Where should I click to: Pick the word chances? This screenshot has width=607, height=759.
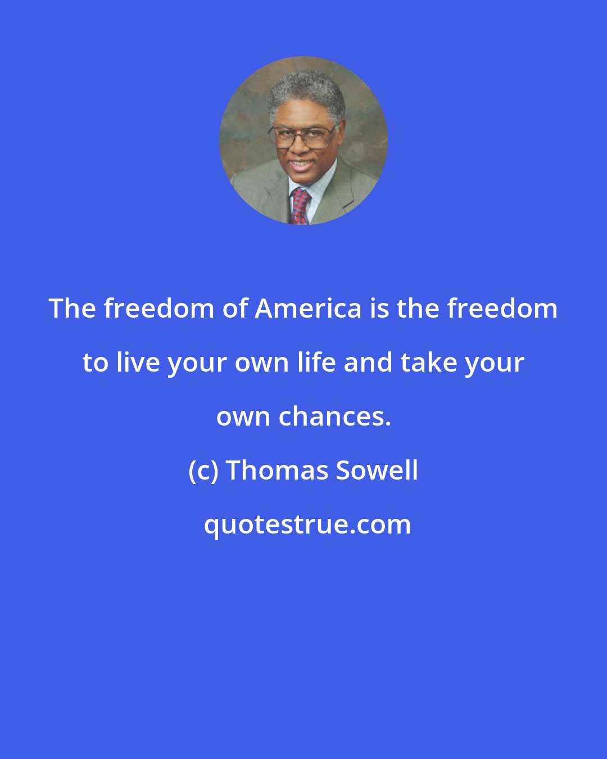tap(334, 417)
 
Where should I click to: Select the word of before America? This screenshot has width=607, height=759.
tap(236, 308)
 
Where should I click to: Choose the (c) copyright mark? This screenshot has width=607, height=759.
tap(203, 471)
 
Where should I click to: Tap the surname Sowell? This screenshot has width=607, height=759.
tap(377, 471)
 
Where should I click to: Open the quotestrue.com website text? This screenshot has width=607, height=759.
tap(307, 525)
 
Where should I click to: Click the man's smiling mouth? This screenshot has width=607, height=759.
tap(302, 166)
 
